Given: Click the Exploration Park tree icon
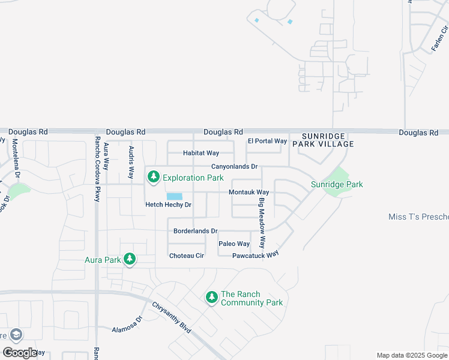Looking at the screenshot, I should pos(154,177).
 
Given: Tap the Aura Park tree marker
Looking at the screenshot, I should pos(129,259).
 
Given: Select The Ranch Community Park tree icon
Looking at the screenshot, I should pos(211,297).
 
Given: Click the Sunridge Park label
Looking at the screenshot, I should pos(337,185).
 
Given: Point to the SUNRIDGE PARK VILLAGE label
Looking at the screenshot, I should pos(323,140).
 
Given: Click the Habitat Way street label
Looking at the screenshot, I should pos(201,154).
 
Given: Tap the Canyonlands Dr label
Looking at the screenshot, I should pos(234,167).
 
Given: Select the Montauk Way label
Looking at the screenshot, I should pos(249,192).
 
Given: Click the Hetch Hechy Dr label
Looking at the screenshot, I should pos(168,205).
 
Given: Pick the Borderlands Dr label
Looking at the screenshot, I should pos(195,231).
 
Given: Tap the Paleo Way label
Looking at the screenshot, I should pos(234,244).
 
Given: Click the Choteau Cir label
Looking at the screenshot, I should pos(187,256).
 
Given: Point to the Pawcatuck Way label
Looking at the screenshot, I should pos(256,254).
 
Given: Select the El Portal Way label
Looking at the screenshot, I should pos(267,141).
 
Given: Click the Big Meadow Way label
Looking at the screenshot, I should pos(262,223).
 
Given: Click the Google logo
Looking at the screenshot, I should pos(19,353).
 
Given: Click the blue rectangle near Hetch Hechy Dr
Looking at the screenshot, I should pos(174,197).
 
